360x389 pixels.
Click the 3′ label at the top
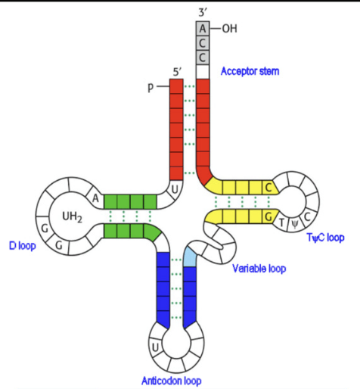click(203, 8)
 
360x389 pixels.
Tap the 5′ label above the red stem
click(177, 71)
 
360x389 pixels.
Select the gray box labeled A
click(203, 28)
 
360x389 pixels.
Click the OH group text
click(228, 28)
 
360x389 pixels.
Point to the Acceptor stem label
click(250, 71)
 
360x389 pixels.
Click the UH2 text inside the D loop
click(72, 216)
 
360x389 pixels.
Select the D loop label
click(23, 246)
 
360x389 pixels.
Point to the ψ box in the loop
click(294, 224)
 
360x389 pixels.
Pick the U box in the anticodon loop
click(155, 347)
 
